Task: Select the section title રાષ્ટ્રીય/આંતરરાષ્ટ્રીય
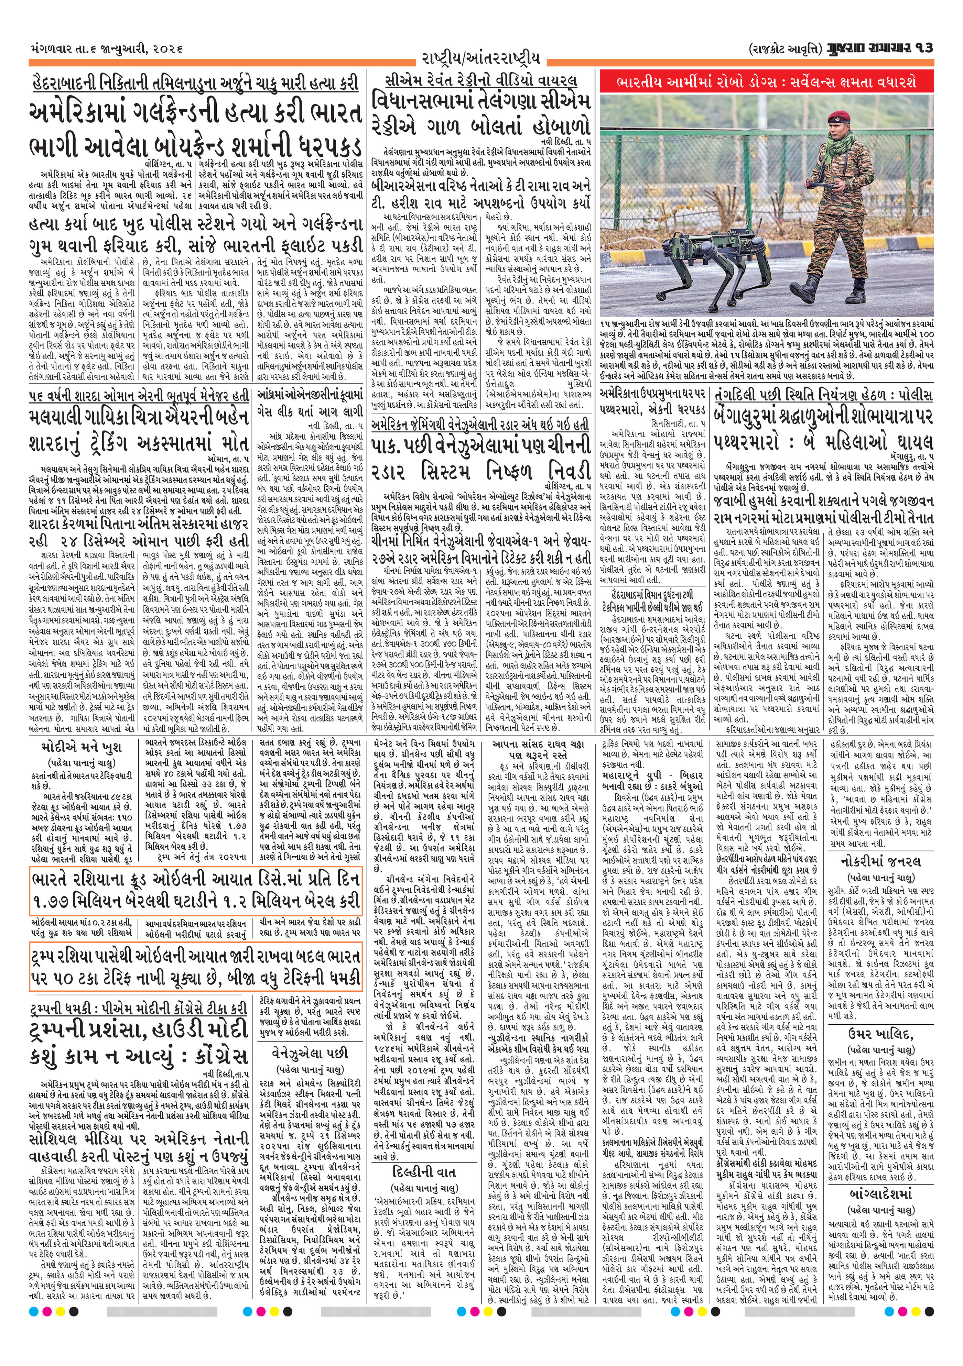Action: coord(480,58)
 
